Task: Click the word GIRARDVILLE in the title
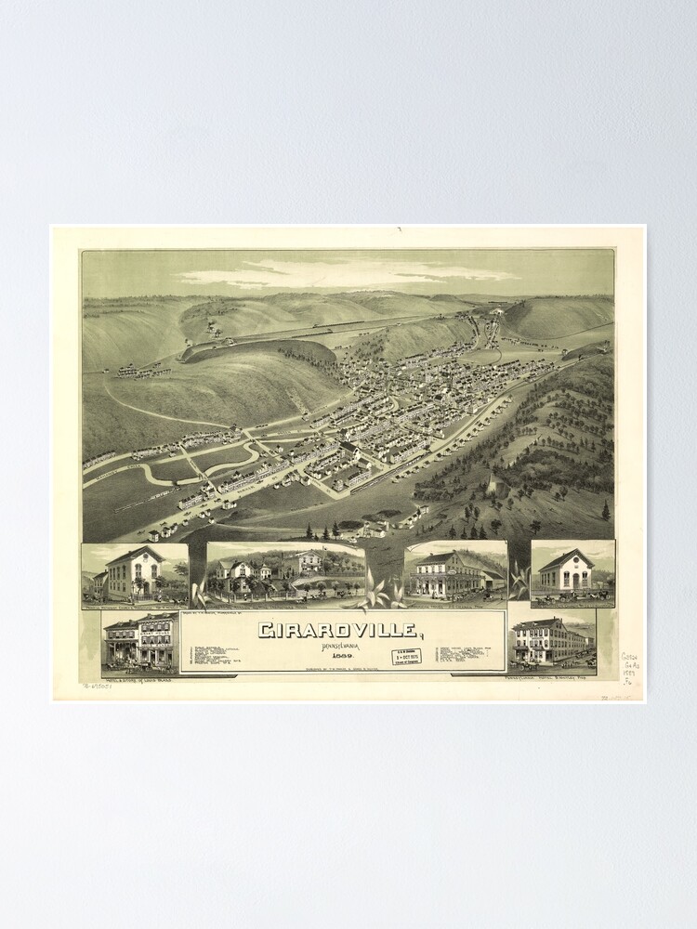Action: tap(337, 630)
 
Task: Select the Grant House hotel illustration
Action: tap(140, 640)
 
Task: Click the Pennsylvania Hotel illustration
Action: tap(551, 640)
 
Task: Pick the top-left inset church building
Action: tap(135, 573)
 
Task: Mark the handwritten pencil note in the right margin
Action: tap(630, 669)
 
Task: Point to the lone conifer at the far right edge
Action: tap(606, 510)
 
